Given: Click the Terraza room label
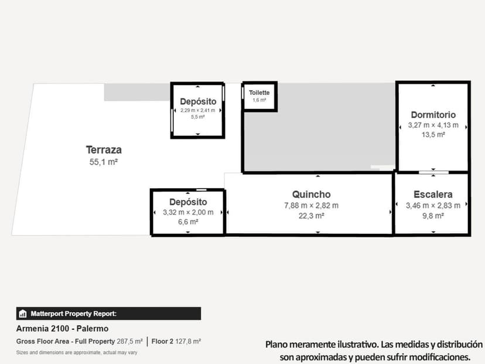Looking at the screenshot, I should pyautogui.click(x=104, y=149).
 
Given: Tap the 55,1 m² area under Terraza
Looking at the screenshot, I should pyautogui.click(x=104, y=162).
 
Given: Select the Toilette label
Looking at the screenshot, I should pyautogui.click(x=259, y=93).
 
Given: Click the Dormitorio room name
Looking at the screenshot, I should pyautogui.click(x=433, y=115).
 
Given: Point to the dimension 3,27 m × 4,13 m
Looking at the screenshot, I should pyautogui.click(x=433, y=125).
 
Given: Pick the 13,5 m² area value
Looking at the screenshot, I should pyautogui.click(x=433, y=135).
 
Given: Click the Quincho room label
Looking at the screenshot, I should pyautogui.click(x=312, y=195).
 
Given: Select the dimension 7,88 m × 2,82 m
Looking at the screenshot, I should pyautogui.click(x=312, y=206).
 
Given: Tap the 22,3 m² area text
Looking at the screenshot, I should pyautogui.click(x=312, y=216).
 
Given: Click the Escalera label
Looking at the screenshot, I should pyautogui.click(x=433, y=195).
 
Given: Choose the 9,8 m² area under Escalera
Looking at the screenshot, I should pyautogui.click(x=433, y=216).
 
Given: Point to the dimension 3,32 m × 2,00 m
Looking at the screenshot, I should pyautogui.click(x=188, y=212).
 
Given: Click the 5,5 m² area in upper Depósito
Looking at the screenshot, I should pyautogui.click(x=198, y=117).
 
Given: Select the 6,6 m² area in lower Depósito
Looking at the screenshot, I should pyautogui.click(x=188, y=222).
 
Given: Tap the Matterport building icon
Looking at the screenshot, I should pyautogui.click(x=23, y=314).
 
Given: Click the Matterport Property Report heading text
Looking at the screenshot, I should pyautogui.click(x=74, y=314).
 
